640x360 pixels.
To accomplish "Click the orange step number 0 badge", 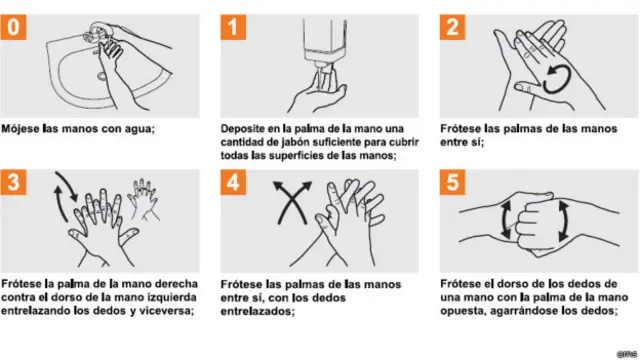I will pyautogui.click(x=13, y=27).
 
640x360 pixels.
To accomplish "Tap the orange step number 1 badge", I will pyautogui.click(x=232, y=27).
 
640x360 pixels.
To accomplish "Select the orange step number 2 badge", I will pyautogui.click(x=452, y=27).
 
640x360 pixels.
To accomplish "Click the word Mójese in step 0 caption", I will pyautogui.click(x=22, y=129).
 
